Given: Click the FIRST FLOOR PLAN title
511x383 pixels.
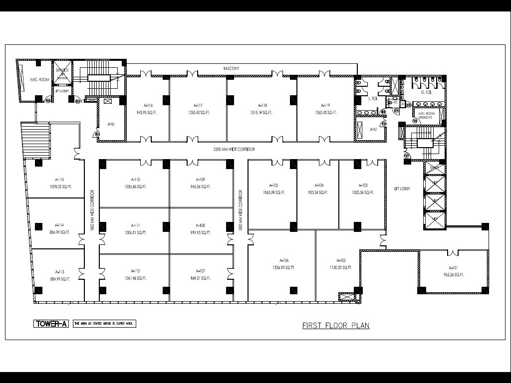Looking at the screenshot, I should click(x=336, y=326).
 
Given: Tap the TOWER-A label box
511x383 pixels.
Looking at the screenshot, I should click(x=51, y=324).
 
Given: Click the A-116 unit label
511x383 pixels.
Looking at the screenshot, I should click(x=148, y=106).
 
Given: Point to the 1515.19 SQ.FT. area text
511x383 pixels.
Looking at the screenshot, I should click(x=262, y=113).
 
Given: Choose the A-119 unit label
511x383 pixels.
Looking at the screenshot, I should click(x=326, y=106).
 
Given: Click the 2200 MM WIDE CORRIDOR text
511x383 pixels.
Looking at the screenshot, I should click(x=234, y=149).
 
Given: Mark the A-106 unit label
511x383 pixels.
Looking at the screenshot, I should click(x=284, y=260).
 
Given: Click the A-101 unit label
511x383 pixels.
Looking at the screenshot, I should click(x=454, y=268).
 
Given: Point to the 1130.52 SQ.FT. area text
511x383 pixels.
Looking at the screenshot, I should click(x=341, y=267).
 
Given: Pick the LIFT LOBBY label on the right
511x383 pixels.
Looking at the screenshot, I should click(x=402, y=189).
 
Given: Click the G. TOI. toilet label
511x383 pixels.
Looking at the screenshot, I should click(x=426, y=92).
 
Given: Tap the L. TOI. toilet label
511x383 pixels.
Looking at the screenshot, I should click(x=372, y=99).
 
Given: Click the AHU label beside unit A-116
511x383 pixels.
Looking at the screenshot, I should click(x=111, y=124).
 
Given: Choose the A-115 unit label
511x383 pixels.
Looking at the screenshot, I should click(x=59, y=180).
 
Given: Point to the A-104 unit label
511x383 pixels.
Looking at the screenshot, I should click(x=319, y=185).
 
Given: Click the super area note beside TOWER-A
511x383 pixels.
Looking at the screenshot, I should click(x=104, y=324).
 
